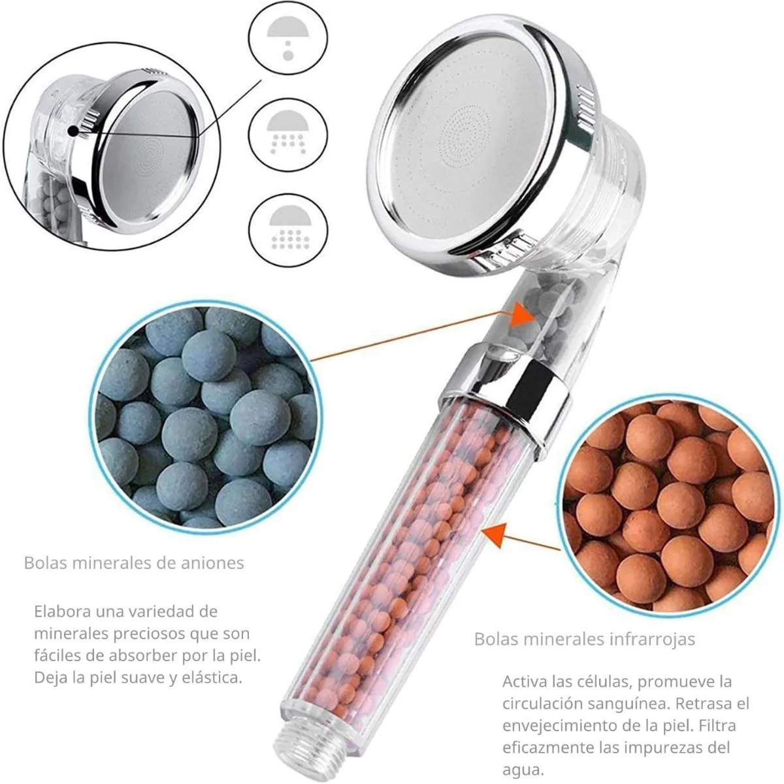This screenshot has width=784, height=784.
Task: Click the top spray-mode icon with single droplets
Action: point(288,41)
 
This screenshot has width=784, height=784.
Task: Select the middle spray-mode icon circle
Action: point(288,134)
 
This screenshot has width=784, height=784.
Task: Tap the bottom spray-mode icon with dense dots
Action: point(288,230)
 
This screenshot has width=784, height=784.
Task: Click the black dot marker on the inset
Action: point(73,131)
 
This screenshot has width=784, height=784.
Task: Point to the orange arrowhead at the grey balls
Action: point(523,314)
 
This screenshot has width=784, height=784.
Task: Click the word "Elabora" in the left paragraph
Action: point(62,611)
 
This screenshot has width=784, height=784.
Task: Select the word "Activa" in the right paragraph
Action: point(524,681)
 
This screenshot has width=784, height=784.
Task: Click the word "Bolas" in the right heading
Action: point(496,639)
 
